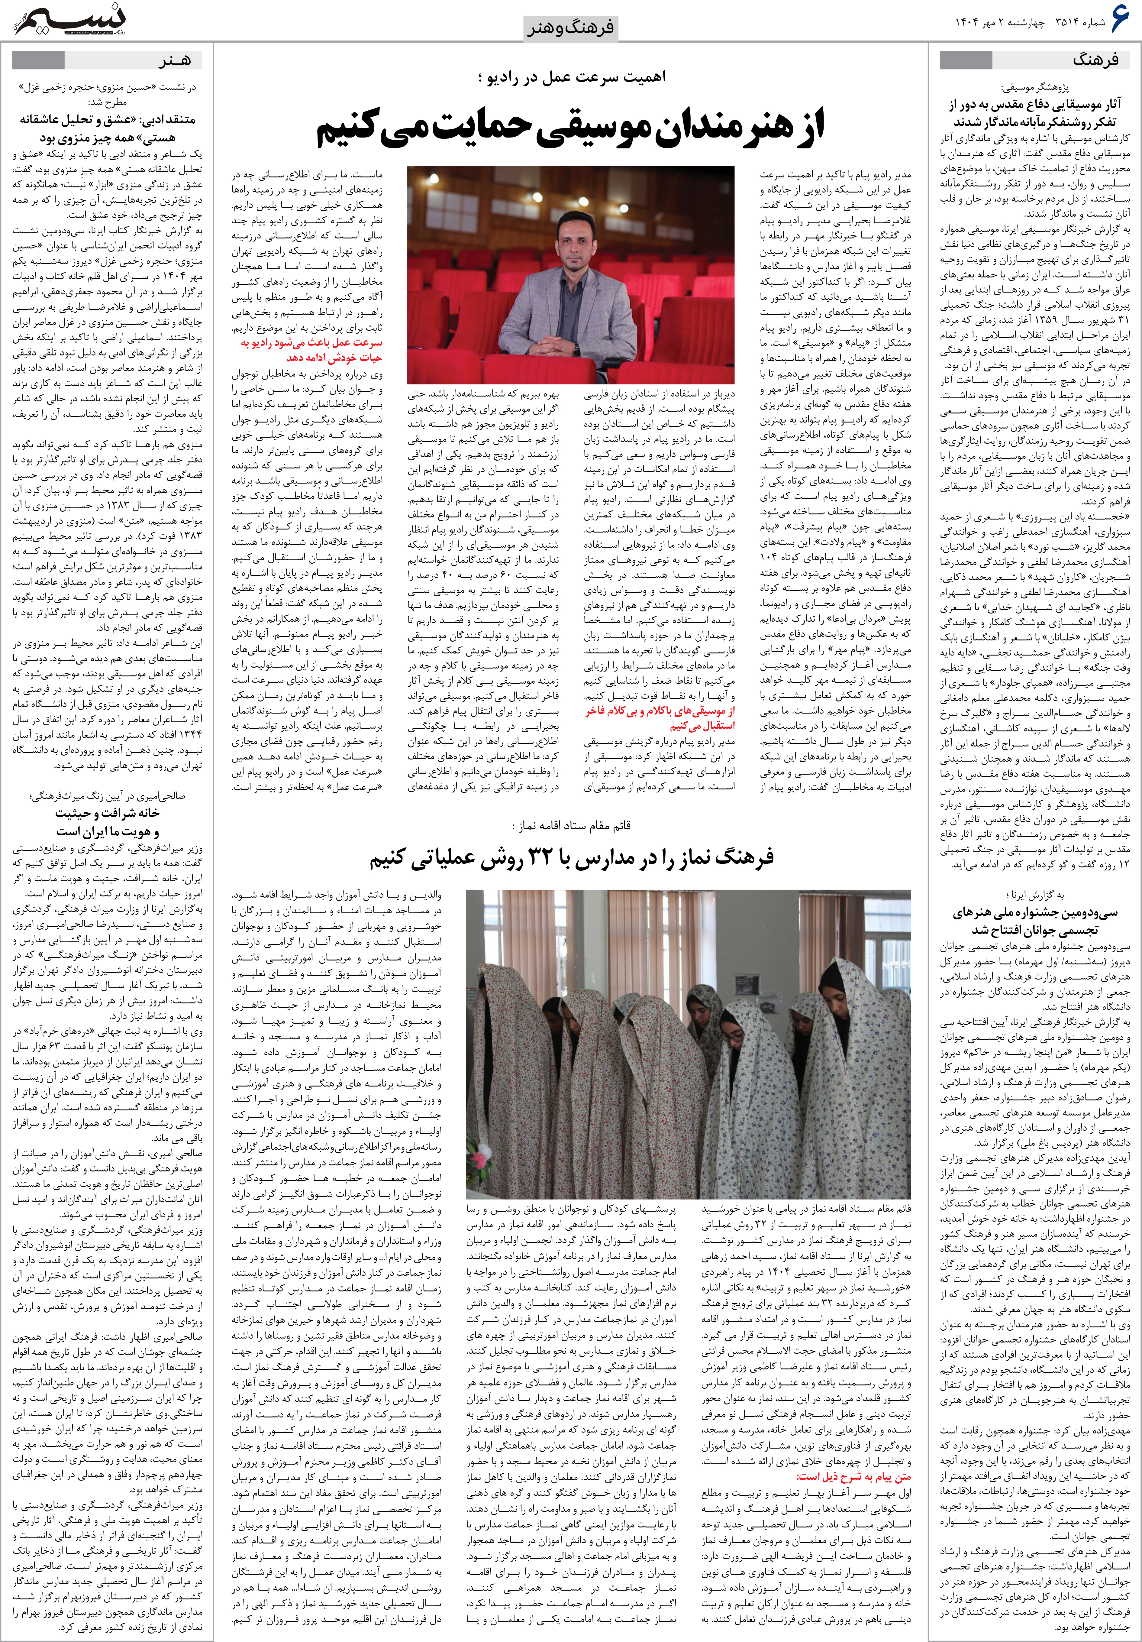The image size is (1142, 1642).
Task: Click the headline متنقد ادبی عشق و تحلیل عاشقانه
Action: pyautogui.click(x=107, y=128)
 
